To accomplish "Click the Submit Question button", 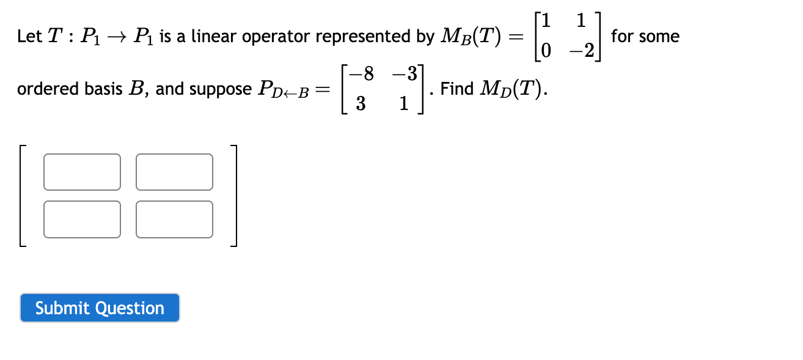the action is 100,308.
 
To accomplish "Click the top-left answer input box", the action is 82,172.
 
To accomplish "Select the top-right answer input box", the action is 175,172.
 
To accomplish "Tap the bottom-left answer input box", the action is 82,219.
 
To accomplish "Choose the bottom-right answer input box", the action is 175,219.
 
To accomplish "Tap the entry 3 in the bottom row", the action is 361,104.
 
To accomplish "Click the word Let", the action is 29,37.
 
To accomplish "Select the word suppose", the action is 220,90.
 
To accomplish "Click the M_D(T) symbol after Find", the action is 512,90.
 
